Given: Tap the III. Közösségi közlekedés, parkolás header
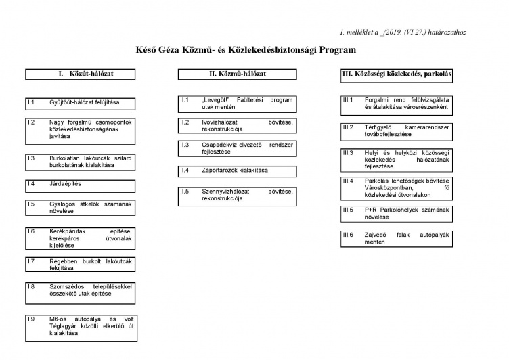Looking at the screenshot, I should tap(397, 73).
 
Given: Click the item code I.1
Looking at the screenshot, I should tap(31, 102).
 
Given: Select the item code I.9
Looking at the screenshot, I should tap(31, 319).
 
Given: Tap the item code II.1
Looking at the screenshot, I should tap(184, 99).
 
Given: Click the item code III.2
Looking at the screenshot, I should tap(348, 127).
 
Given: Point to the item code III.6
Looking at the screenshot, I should tap(348, 234).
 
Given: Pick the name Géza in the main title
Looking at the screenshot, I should tap(171, 50).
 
